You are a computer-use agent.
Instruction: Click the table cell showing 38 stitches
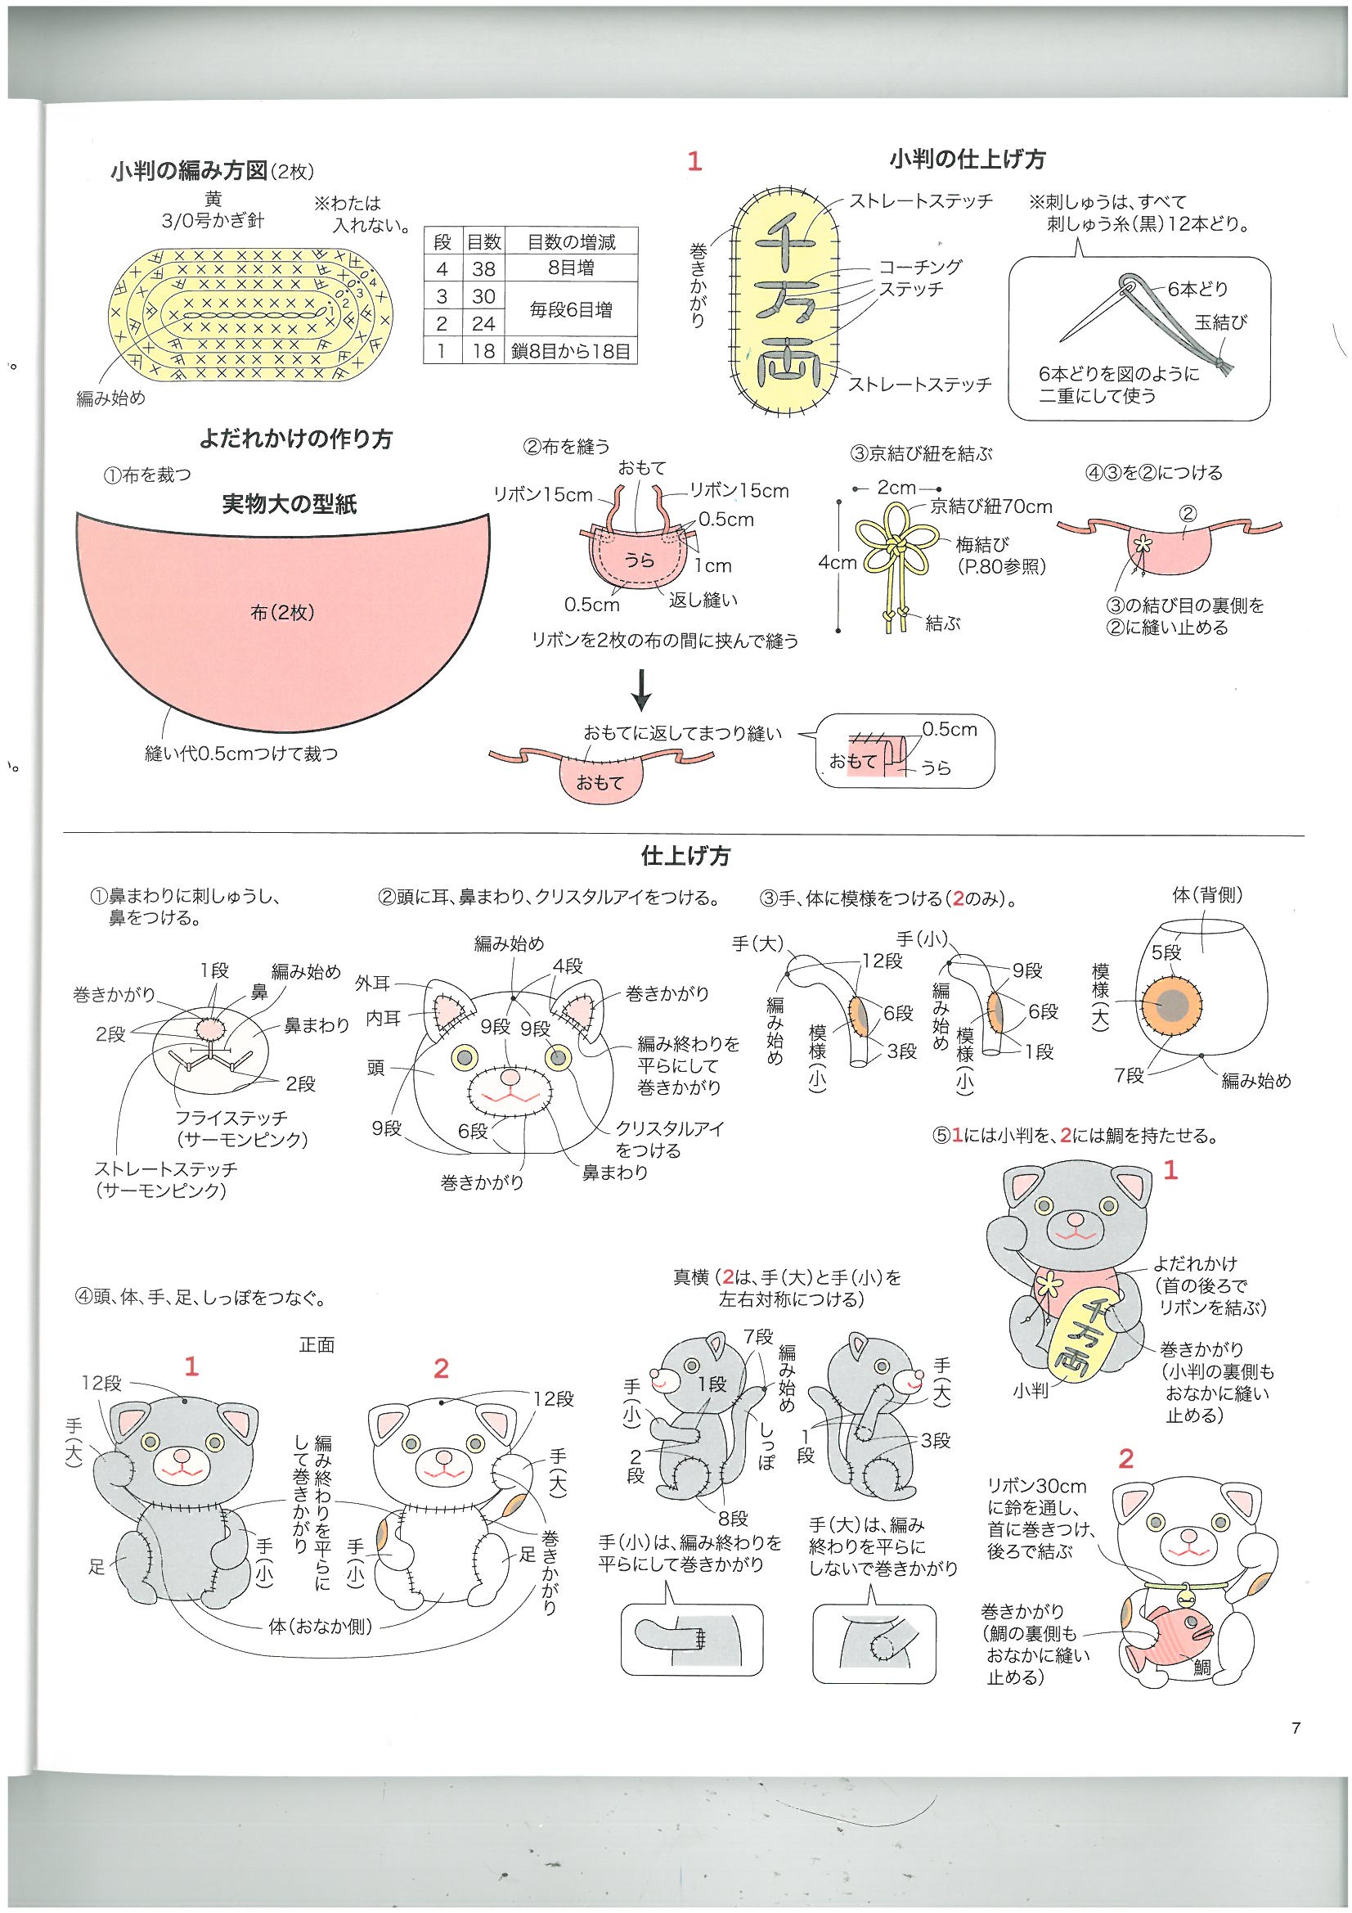[x=483, y=268]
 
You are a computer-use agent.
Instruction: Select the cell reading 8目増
[x=571, y=268]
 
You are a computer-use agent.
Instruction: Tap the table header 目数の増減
[x=571, y=241]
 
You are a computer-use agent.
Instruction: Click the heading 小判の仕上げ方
[x=966, y=159]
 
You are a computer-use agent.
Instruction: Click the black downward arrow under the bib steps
[x=641, y=690]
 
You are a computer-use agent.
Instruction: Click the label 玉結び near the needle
[x=1220, y=322]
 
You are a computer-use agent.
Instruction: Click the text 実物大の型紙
[x=289, y=504]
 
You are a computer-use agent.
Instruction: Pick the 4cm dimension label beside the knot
[x=838, y=562]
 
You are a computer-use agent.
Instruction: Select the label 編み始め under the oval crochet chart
[x=110, y=398]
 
